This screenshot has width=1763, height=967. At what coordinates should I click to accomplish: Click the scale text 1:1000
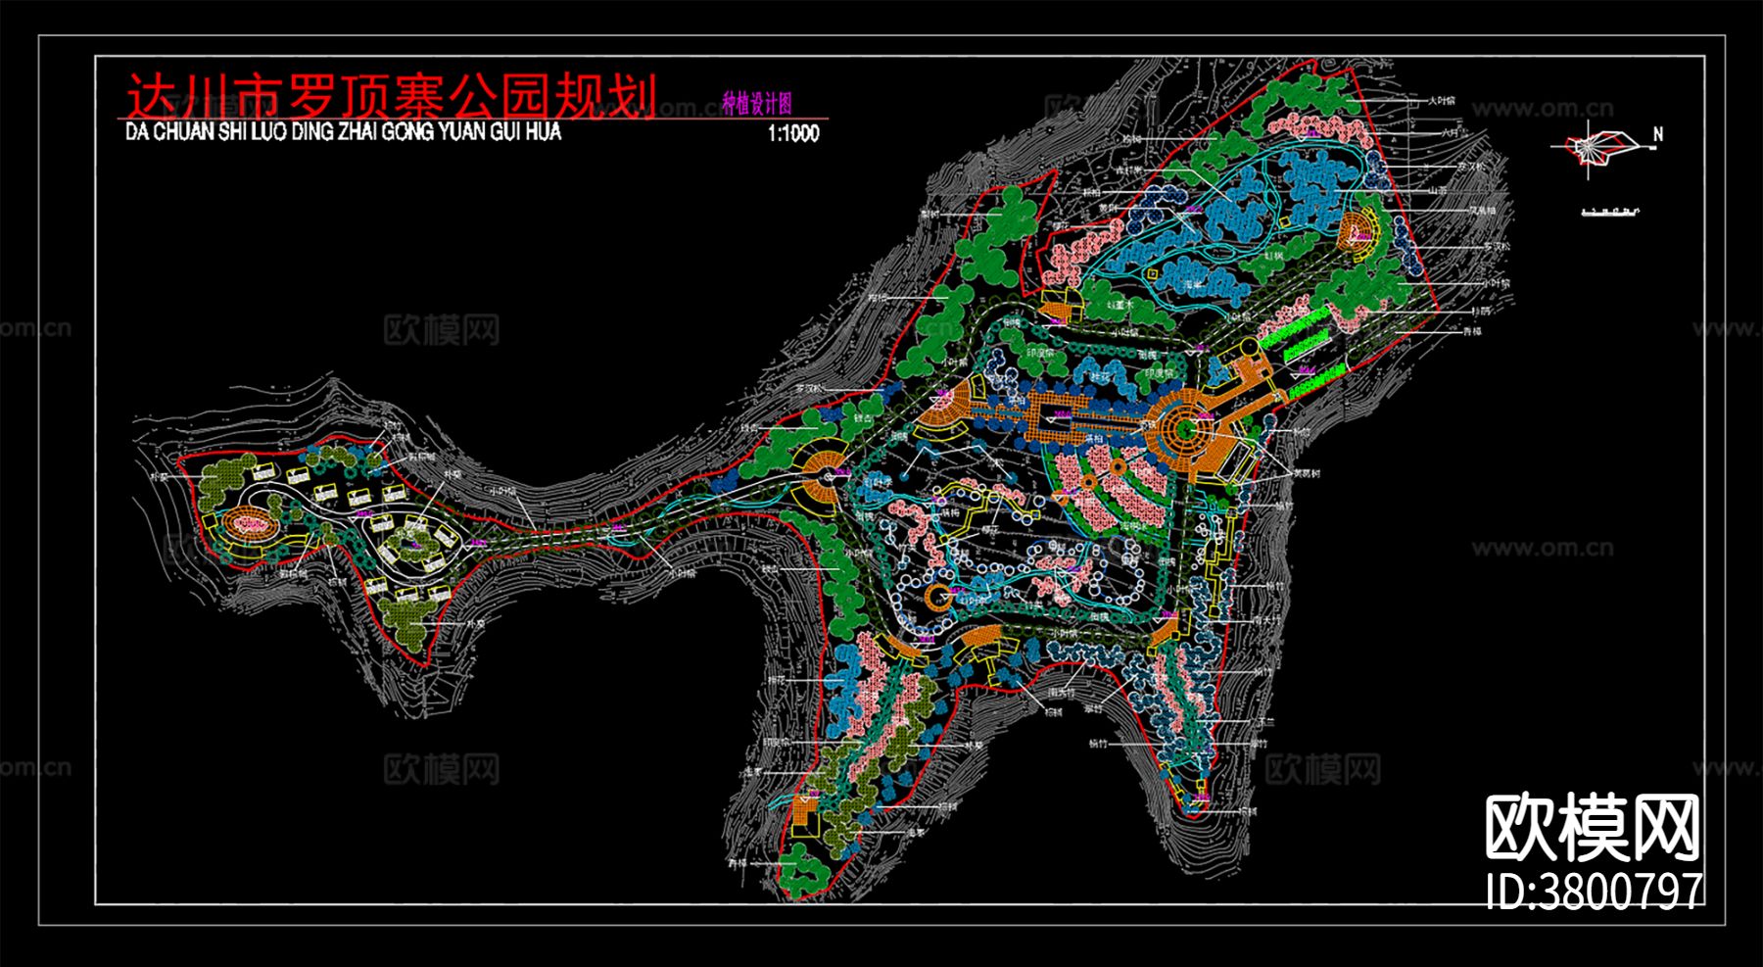(x=793, y=134)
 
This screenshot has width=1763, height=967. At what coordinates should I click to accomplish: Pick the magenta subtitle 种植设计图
(x=756, y=104)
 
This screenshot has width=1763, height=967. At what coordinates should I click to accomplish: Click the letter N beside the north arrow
(x=1657, y=134)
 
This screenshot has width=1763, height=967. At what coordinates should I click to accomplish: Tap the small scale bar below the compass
(x=1611, y=210)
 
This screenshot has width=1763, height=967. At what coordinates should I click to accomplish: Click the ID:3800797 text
(x=1594, y=891)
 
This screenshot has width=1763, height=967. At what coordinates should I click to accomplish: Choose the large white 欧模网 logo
(x=1593, y=828)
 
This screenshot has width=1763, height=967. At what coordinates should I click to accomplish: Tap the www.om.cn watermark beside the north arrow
(x=1542, y=109)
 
